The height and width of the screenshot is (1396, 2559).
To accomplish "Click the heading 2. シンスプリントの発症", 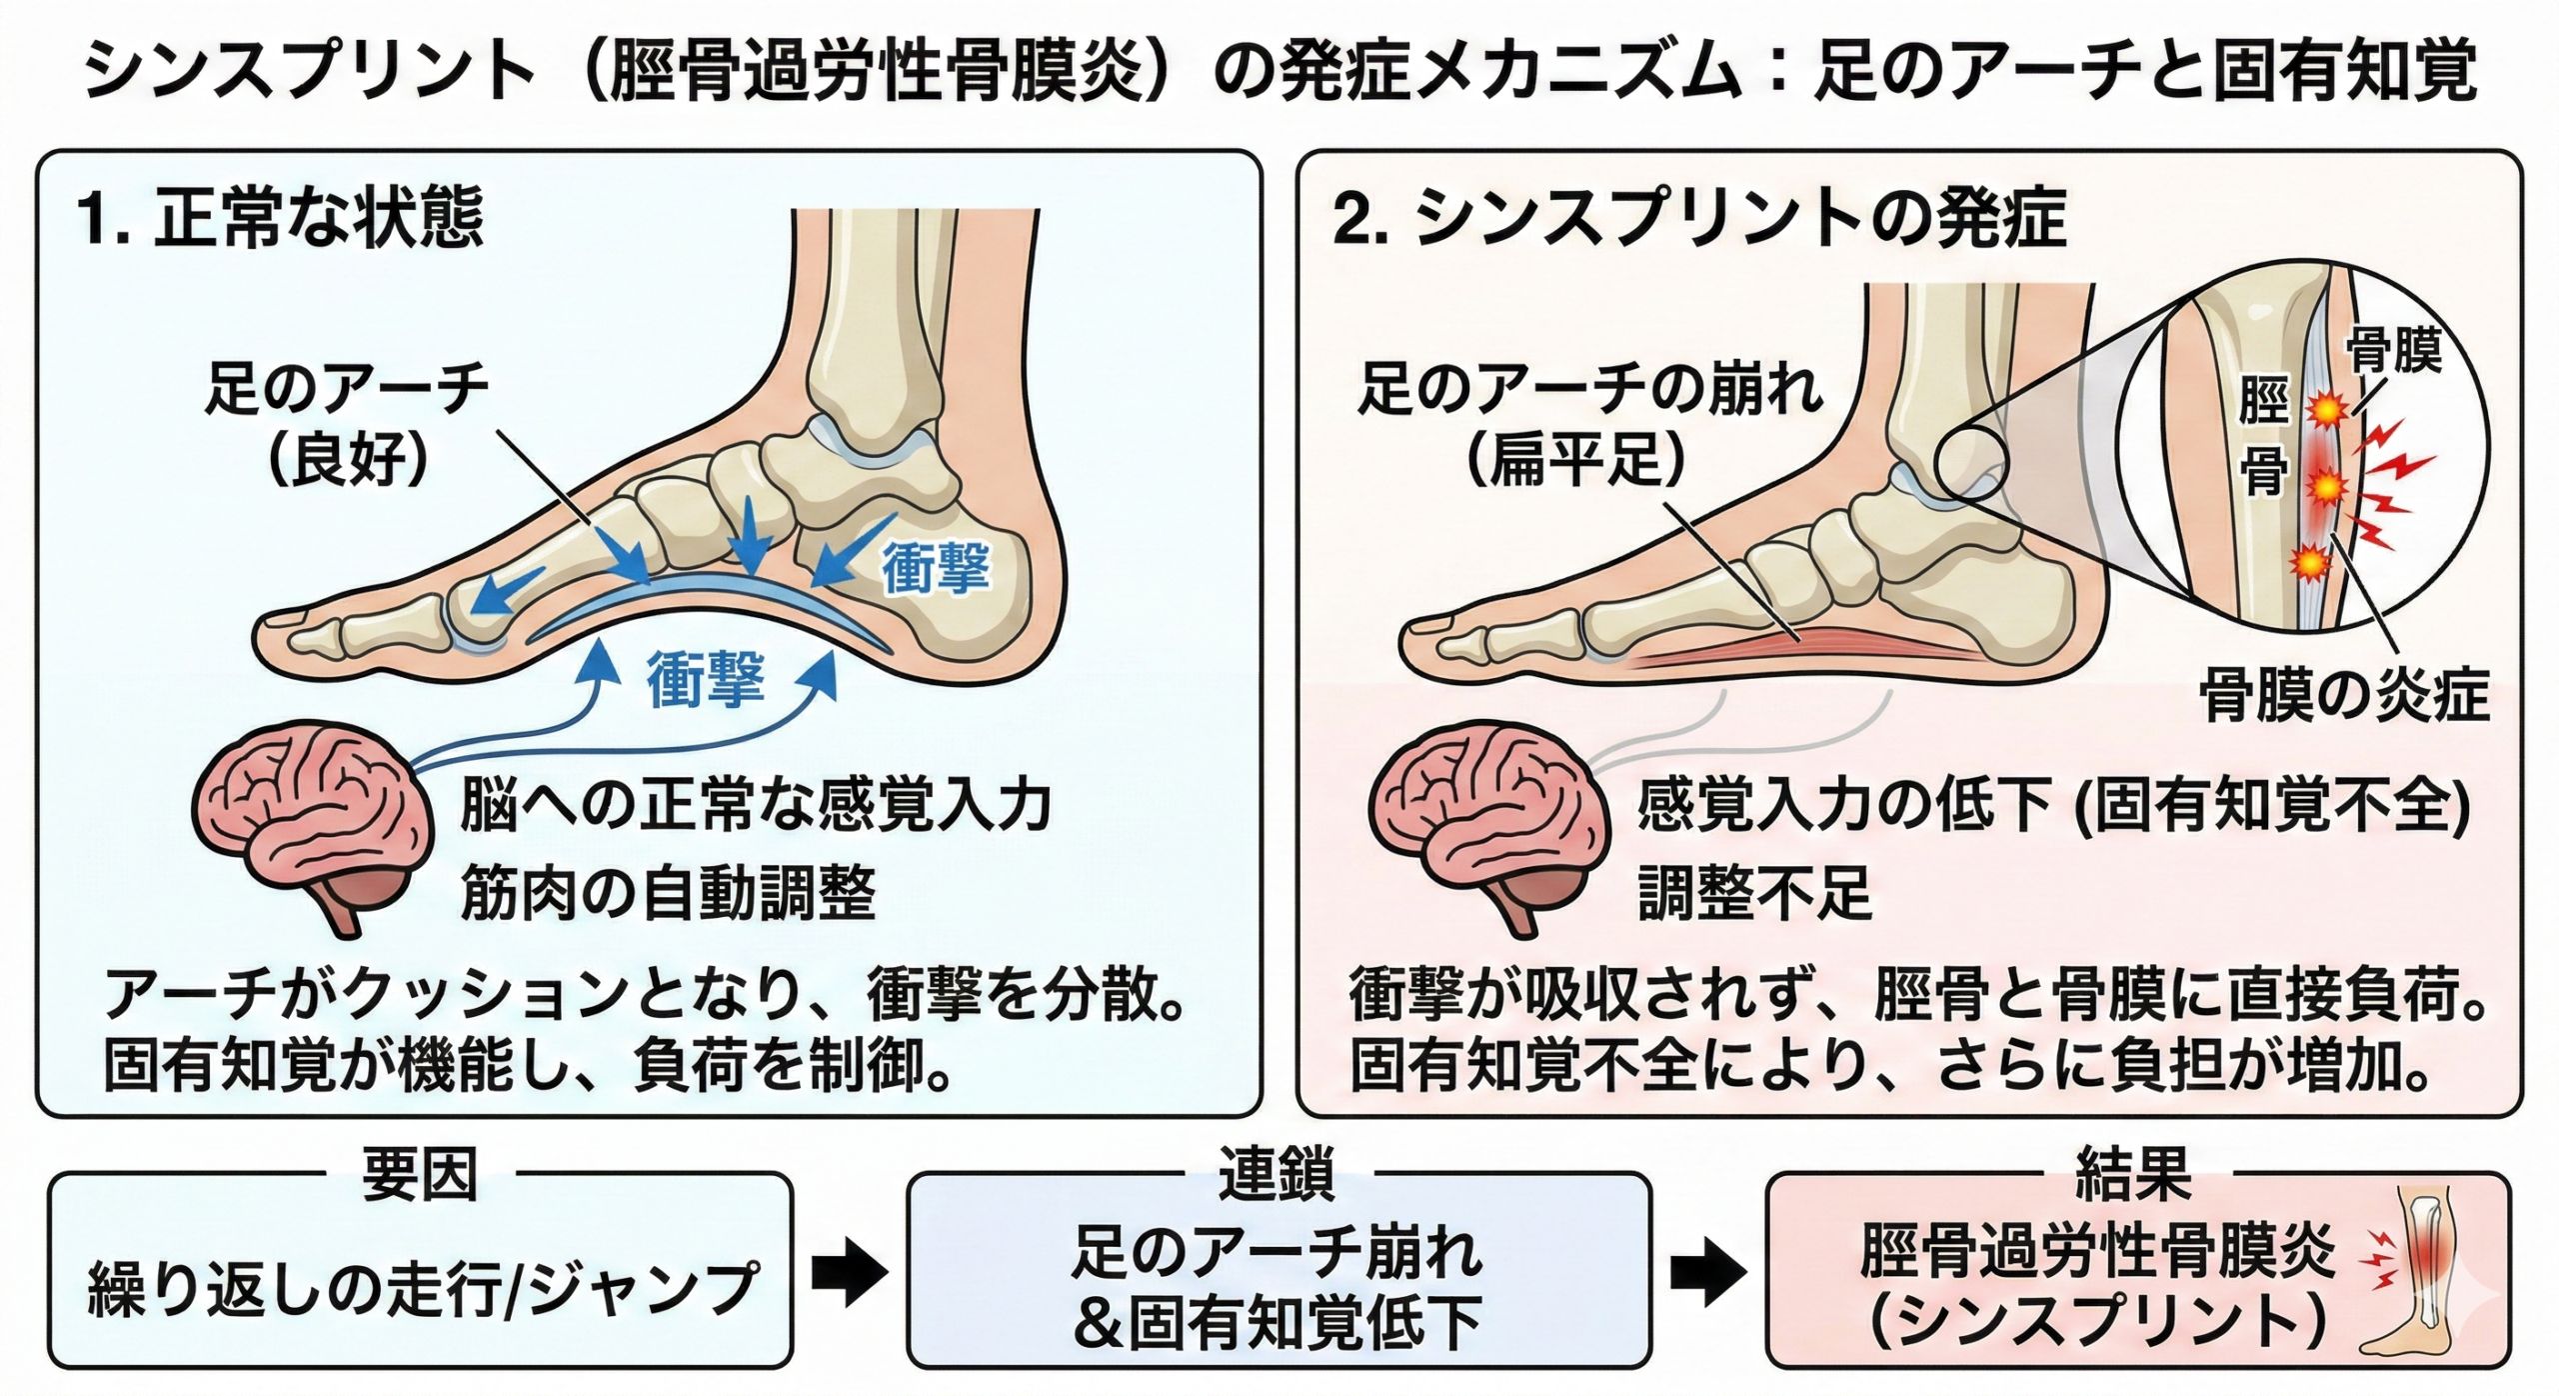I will pyautogui.click(x=1699, y=220).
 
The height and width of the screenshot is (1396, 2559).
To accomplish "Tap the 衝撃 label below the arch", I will pyautogui.click(x=706, y=679).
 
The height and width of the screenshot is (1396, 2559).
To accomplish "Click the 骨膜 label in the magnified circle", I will pyautogui.click(x=2393, y=349).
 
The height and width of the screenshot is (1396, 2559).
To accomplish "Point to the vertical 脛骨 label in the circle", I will pyautogui.click(x=2263, y=440).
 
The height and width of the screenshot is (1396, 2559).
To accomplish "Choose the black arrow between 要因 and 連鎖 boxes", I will pyautogui.click(x=850, y=1272).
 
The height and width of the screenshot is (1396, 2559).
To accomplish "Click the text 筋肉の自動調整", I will pyautogui.click(x=668, y=892).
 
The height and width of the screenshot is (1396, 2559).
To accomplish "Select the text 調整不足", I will pyautogui.click(x=1754, y=892).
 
